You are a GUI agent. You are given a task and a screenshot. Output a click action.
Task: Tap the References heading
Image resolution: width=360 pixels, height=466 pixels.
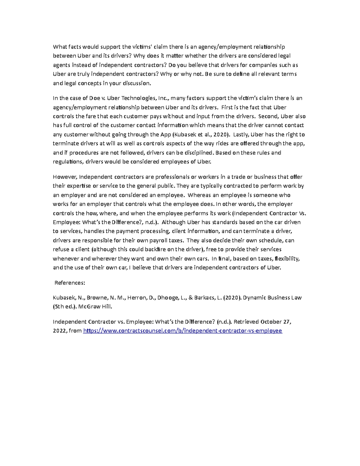pyautogui.click(x=70, y=283)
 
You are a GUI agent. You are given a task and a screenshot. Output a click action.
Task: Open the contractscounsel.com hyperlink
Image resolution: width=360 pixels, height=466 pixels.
pyautogui.click(x=182, y=331)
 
